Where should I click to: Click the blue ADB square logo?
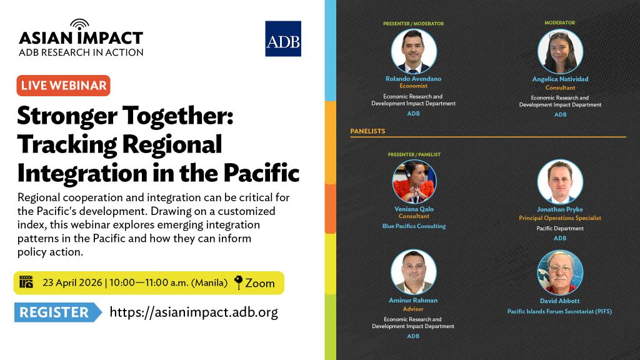(283, 39)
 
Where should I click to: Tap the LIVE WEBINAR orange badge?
(63, 85)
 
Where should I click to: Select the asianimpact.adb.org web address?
(194, 312)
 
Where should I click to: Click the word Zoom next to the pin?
(259, 283)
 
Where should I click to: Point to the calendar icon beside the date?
(26, 282)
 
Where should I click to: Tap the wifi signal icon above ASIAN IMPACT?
(79, 24)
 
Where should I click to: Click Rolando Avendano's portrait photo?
(414, 51)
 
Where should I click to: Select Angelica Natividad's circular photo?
(560, 51)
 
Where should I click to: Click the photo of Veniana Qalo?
(414, 182)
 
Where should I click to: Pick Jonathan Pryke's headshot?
(560, 182)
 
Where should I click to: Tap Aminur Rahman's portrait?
(414, 272)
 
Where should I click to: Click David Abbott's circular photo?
(560, 272)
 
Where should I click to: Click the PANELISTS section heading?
(367, 131)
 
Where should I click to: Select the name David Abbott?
(559, 301)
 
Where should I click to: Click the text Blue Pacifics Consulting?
(414, 226)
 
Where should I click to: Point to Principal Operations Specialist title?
(560, 218)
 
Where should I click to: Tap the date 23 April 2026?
(72, 282)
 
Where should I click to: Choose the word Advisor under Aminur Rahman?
(413, 309)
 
